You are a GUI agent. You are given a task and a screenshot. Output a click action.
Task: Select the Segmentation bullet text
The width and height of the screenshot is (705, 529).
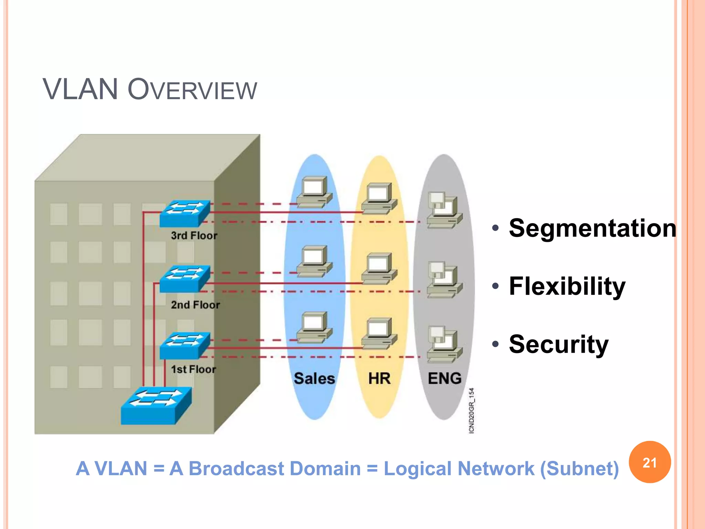(592, 228)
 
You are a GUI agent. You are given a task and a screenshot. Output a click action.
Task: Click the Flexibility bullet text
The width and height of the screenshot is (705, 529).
(567, 286)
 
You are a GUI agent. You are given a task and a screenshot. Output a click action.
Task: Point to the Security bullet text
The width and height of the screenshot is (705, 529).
(558, 344)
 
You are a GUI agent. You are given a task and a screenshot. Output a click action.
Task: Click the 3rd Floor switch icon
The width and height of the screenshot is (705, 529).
(185, 213)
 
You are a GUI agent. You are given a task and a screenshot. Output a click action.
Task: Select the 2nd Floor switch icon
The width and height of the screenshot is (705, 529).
(185, 279)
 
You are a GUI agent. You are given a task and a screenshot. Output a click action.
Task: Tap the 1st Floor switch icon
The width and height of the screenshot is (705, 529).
(185, 345)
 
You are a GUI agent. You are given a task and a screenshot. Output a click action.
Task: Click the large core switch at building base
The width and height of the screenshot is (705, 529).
(156, 406)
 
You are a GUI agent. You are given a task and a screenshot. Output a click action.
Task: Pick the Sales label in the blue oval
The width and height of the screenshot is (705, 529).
(314, 378)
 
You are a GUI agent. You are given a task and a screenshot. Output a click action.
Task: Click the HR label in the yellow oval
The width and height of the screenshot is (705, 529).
(379, 378)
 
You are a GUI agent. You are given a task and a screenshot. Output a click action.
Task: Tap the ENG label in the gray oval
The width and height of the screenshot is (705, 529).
(444, 378)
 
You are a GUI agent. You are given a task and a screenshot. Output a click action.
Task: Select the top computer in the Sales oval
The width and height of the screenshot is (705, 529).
(314, 192)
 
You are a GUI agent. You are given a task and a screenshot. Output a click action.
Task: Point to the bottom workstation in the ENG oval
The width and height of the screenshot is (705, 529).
(444, 344)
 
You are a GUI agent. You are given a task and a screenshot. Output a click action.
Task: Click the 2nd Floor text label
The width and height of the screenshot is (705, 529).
(195, 305)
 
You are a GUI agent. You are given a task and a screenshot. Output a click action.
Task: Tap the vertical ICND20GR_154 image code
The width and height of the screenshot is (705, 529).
(472, 410)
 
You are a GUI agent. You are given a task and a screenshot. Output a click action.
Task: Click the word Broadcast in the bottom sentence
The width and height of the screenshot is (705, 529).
(274, 469)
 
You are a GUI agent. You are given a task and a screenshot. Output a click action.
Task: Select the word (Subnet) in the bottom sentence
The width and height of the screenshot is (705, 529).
(579, 469)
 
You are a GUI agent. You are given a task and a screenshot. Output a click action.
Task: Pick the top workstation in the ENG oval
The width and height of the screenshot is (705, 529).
(444, 210)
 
